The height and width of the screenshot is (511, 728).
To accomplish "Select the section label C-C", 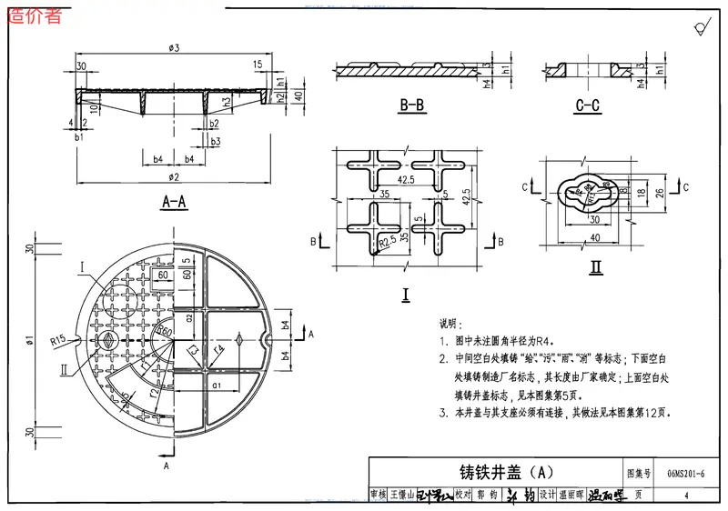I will click(588, 106).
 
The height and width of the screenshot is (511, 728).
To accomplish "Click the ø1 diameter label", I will click(29, 340).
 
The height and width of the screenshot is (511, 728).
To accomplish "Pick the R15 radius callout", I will click(59, 339).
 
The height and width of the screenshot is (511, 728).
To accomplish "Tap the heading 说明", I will click(451, 324).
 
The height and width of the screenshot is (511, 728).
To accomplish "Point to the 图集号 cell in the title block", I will click(641, 473).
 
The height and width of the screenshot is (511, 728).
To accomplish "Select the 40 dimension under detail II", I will click(593, 238).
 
